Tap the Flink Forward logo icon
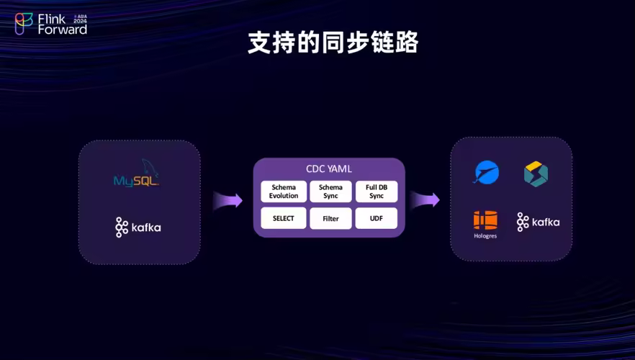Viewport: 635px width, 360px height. tap(24, 24)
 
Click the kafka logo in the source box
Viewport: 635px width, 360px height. tap(138, 228)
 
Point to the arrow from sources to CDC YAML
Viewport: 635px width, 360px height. tap(227, 199)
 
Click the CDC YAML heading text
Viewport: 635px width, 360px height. tap(329, 169)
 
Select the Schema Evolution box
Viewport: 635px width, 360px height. tap(284, 192)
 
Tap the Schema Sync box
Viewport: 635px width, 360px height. tap(330, 192)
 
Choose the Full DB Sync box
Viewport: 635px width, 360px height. tap(377, 192)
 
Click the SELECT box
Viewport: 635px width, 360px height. tap(284, 218)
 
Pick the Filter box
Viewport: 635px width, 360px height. tap(330, 218)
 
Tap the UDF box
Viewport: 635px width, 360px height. tap(377, 218)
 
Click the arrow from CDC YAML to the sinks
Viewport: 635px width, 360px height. tap(425, 199)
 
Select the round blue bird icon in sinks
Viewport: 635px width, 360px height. tap(486, 173)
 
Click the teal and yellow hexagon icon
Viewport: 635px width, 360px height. tap(536, 174)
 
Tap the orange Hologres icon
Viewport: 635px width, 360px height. tap(485, 220)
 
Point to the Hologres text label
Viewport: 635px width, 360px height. tap(485, 236)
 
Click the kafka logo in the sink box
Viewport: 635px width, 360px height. tap(538, 222)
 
